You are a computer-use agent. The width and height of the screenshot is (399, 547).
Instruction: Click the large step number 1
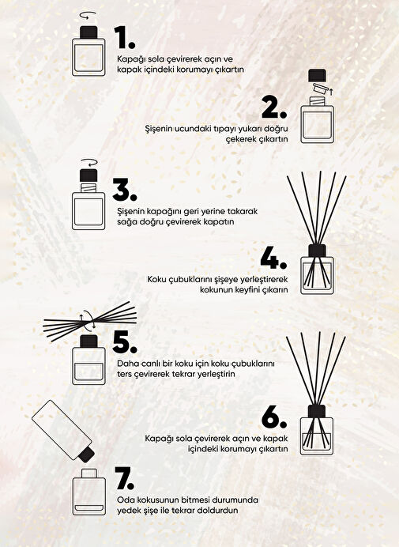pyautogui.click(x=124, y=37)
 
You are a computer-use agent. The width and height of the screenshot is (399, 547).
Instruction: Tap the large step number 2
pyautogui.click(x=274, y=108)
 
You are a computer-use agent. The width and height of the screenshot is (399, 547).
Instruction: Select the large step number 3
pyautogui.click(x=125, y=191)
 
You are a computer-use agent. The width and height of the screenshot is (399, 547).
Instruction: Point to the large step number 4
pyautogui.click(x=273, y=258)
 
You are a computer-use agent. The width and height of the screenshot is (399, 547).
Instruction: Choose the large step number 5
pyautogui.click(x=125, y=342)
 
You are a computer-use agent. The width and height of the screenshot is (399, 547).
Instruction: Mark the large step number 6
pyautogui.click(x=274, y=417)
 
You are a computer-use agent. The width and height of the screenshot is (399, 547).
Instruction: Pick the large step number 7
pyautogui.click(x=124, y=478)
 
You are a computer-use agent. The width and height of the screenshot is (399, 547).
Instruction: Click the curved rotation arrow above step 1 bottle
pyautogui.click(x=88, y=15)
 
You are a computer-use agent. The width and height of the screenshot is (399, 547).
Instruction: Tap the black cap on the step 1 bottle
pyautogui.click(x=88, y=32)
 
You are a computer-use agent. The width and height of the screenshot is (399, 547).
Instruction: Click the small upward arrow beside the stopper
pyautogui.click(x=331, y=92)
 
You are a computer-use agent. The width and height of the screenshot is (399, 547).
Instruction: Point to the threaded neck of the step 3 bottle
pyautogui.click(x=88, y=187)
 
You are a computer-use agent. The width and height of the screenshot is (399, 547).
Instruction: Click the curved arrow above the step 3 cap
pyautogui.click(x=88, y=163)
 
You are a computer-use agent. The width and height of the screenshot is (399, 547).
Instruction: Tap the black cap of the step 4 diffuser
pyautogui.click(x=317, y=251)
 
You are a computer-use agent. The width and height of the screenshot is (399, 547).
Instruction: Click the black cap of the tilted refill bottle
pyautogui.click(x=86, y=454)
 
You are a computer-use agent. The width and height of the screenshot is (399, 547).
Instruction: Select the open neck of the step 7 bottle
pyautogui.click(x=88, y=473)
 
